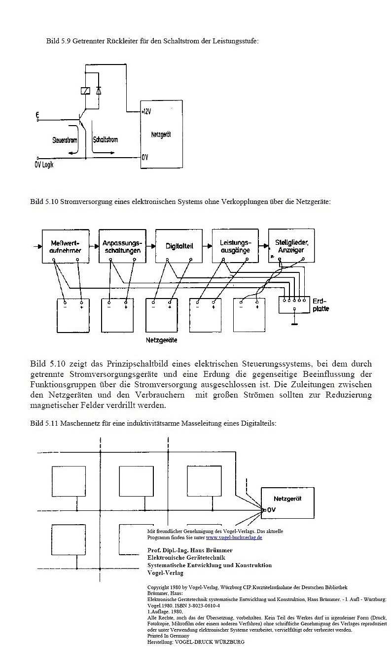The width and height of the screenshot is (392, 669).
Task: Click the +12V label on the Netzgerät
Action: [x=146, y=111]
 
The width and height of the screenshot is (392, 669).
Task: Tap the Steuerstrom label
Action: [x=65, y=140]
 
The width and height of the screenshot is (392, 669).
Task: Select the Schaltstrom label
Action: [x=106, y=140]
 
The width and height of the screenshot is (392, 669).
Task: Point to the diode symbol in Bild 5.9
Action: [x=99, y=90]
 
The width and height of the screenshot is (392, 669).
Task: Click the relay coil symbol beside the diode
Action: [x=84, y=90]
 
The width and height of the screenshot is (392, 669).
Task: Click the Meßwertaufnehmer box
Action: [x=66, y=246]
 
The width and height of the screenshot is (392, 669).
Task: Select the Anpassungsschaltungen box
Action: [x=122, y=246]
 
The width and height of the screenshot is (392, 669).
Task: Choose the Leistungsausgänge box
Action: [x=235, y=246]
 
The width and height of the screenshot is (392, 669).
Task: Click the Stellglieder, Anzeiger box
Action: [x=291, y=245]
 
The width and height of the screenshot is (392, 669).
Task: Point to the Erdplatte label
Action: [x=320, y=305]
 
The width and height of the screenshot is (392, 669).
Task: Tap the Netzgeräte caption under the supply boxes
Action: [x=161, y=340]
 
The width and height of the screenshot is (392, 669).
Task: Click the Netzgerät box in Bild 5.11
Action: [x=287, y=502]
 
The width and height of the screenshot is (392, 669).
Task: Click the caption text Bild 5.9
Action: [x=59, y=41]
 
